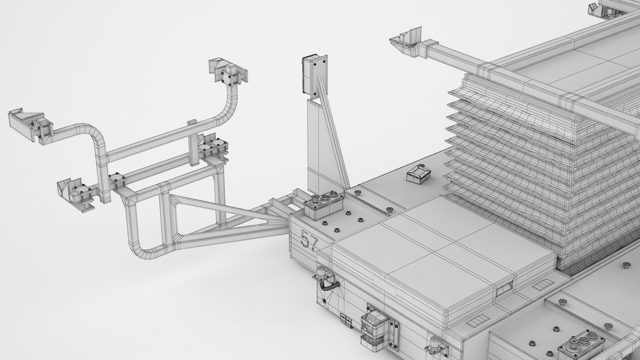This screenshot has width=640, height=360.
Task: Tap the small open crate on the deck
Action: coord(419,174)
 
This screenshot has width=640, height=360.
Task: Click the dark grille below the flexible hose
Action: coord(346,322)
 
